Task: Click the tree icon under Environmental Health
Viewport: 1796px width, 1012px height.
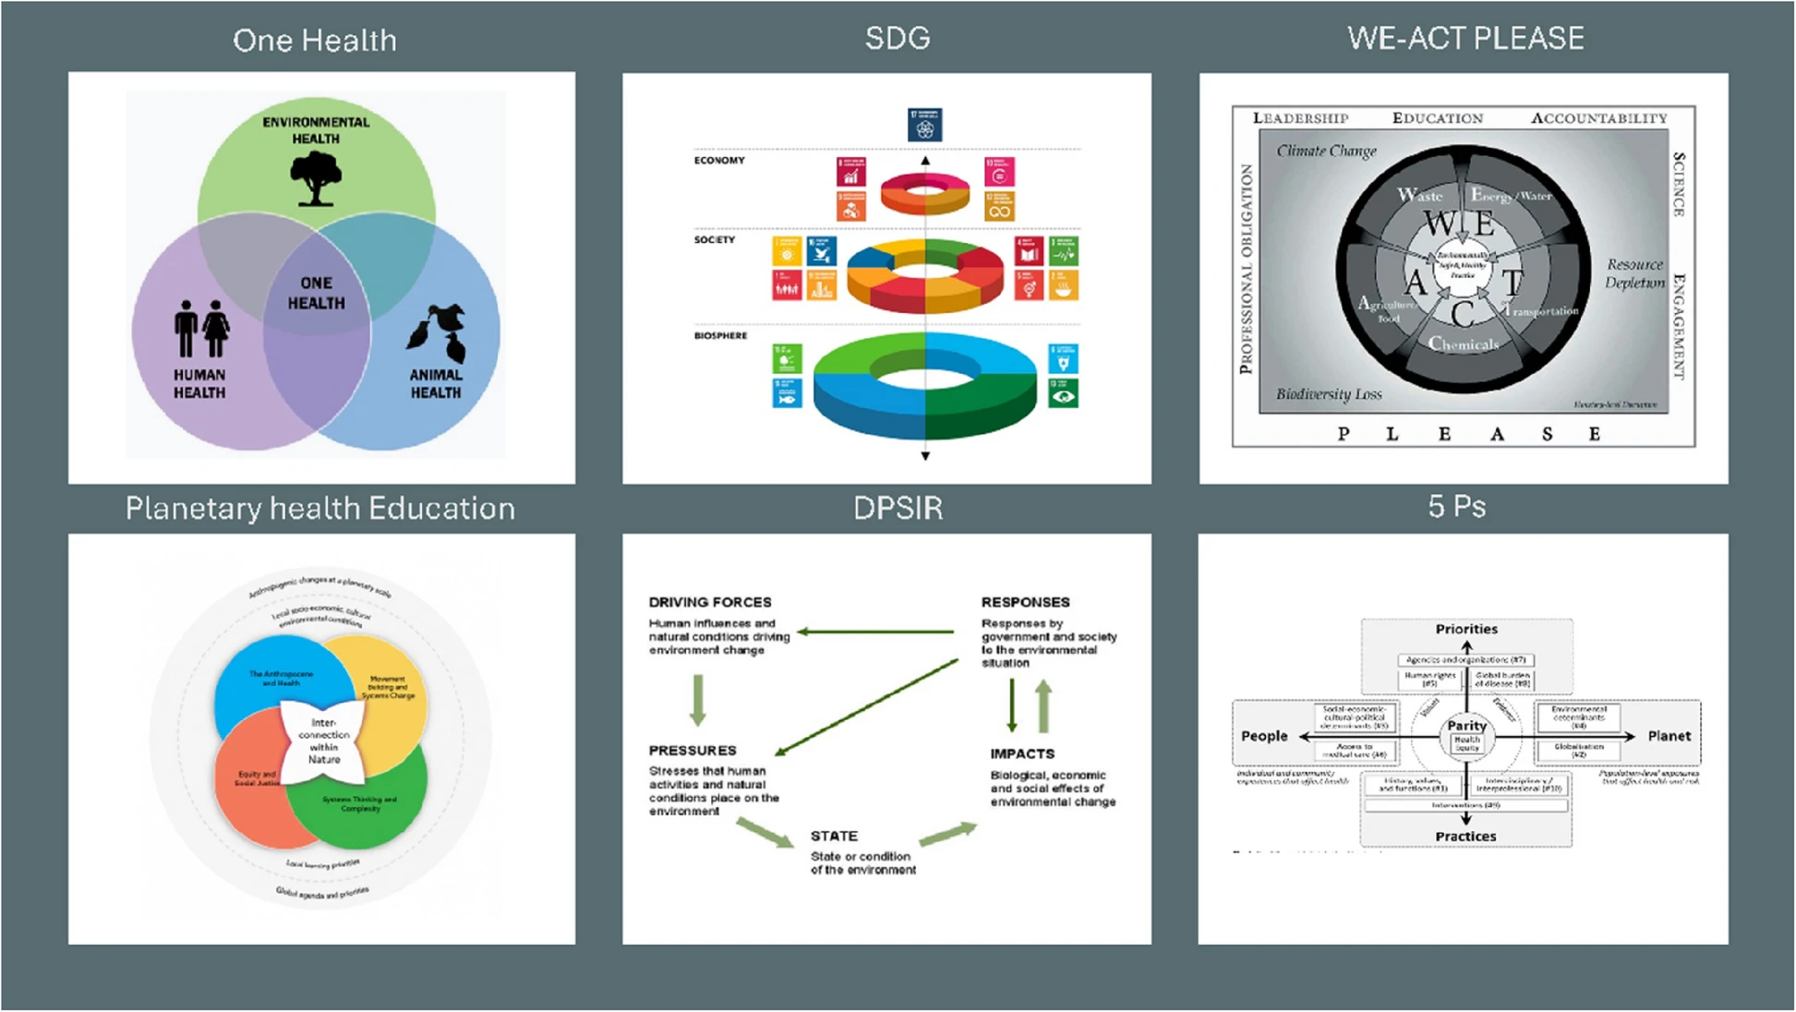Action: (x=316, y=178)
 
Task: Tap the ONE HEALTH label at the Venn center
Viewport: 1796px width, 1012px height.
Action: (x=316, y=293)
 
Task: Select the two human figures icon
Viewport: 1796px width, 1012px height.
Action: (x=201, y=329)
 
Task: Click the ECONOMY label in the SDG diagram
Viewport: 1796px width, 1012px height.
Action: (x=719, y=161)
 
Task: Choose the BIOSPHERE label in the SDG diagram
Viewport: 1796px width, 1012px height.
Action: (x=720, y=336)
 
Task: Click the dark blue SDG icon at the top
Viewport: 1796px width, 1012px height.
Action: (x=924, y=125)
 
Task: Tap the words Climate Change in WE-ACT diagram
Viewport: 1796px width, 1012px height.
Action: (x=1326, y=151)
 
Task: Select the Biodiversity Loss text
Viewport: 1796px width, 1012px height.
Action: (x=1329, y=394)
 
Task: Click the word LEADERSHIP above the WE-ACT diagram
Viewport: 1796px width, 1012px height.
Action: (x=1300, y=118)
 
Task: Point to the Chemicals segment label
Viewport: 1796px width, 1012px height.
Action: (x=1464, y=344)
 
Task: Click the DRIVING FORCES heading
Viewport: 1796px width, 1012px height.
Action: (x=709, y=602)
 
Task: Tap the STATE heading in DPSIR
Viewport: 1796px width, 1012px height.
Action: (x=834, y=836)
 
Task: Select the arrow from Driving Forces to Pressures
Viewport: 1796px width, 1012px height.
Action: (x=698, y=700)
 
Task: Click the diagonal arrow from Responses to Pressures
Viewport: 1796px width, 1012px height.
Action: (x=866, y=707)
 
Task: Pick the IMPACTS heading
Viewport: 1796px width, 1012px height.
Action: (x=1022, y=753)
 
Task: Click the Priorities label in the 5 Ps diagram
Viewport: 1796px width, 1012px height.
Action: (x=1466, y=629)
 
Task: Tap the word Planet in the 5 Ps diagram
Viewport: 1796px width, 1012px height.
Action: (x=1669, y=736)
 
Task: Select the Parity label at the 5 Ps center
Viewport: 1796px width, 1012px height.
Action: (x=1466, y=725)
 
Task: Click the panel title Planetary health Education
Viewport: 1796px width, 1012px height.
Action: (x=320, y=509)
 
